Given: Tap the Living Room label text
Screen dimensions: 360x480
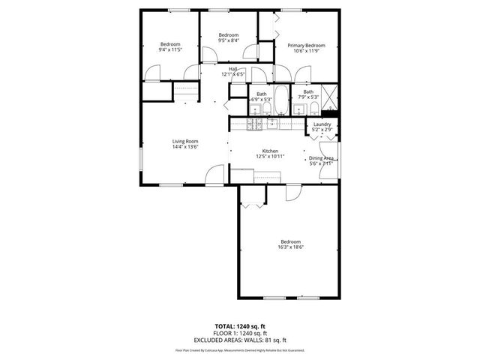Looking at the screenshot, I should tap(184, 141).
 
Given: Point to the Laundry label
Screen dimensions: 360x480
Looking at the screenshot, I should tap(322, 124).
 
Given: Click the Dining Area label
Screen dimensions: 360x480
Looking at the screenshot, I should tap(321, 158).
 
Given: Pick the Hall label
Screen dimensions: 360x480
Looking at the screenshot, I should tap(233, 69).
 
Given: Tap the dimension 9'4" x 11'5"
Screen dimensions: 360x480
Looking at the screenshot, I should tap(170, 49).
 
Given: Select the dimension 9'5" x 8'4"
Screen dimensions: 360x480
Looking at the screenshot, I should tap(228, 40).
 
